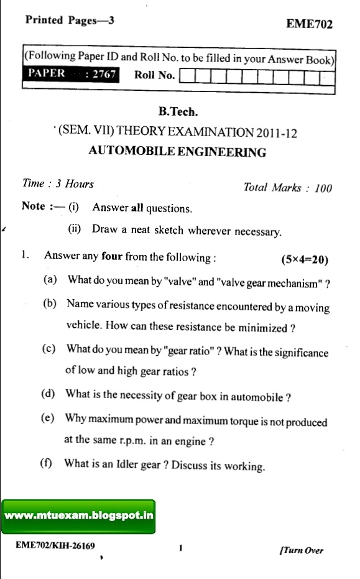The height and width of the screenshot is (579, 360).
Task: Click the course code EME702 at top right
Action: point(309,24)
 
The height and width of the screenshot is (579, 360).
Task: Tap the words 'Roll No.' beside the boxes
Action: point(154,75)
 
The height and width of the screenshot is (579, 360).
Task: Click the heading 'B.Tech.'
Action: point(178,113)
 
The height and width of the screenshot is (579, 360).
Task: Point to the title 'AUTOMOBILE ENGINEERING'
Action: point(177,152)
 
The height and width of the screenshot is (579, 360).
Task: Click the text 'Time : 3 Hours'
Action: point(58,184)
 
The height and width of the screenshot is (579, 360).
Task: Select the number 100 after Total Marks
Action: point(323,188)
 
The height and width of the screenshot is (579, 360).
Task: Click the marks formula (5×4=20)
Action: point(305,259)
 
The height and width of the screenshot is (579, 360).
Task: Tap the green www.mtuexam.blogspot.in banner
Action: point(78,516)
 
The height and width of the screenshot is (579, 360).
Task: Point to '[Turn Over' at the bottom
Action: point(302,550)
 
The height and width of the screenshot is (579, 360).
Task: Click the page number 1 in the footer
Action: point(179,548)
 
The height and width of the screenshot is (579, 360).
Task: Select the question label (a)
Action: point(50,280)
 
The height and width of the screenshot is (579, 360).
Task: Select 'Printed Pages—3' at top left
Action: point(70,20)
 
